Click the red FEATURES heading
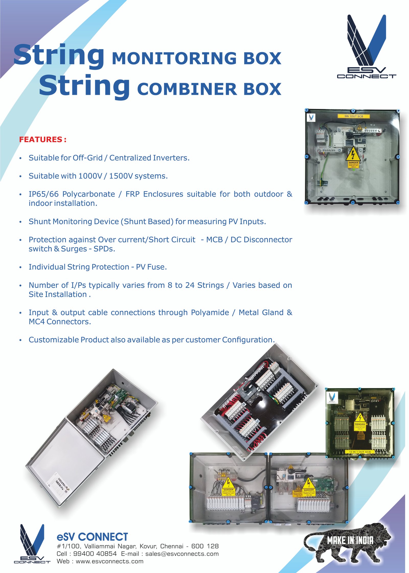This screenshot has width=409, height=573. (43, 140)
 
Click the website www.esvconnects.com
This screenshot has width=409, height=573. (109, 561)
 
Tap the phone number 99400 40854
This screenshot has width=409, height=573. (95, 554)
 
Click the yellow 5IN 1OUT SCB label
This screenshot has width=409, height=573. (354, 116)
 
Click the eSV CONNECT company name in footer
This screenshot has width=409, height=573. (92, 537)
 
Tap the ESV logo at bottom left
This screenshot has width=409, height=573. (32, 543)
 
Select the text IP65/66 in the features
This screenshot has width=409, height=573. (43, 194)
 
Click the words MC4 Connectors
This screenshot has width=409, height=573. (60, 322)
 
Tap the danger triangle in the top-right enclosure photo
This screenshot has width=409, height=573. (353, 154)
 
